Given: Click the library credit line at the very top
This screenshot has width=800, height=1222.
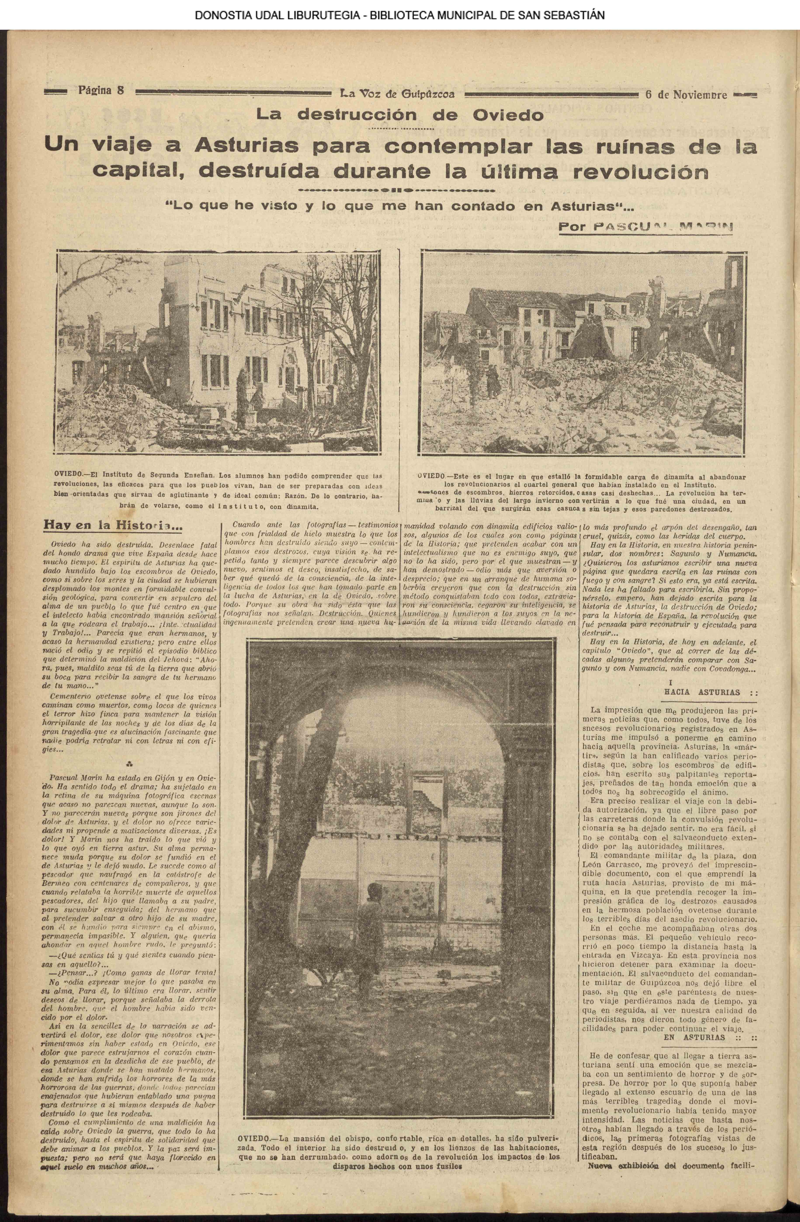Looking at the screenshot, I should coord(399,15).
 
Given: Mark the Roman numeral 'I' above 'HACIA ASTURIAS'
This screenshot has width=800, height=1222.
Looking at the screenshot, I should coord(670,682).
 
